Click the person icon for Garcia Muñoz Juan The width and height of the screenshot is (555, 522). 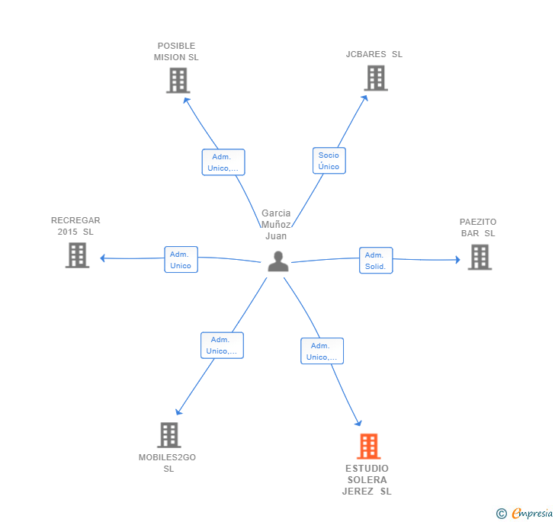(278, 261)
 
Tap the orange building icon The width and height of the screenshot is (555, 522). (369, 446)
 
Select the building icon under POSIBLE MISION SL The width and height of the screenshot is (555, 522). (178, 80)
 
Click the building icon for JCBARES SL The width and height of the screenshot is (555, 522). (376, 78)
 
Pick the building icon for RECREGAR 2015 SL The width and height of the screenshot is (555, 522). (77, 255)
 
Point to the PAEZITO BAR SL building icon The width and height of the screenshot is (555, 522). (480, 257)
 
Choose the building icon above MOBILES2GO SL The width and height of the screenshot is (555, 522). (169, 435)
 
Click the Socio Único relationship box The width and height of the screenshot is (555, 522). (329, 161)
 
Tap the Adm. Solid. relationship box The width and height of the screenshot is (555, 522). (376, 261)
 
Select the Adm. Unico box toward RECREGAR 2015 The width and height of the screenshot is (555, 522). (181, 259)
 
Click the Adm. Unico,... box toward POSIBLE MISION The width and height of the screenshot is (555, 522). (223, 162)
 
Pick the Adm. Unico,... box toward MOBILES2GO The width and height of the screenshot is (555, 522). (222, 345)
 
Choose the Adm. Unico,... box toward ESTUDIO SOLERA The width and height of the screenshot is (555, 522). (322, 351)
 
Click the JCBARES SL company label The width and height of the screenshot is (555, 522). (374, 54)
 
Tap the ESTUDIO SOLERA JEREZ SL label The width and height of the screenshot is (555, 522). (367, 479)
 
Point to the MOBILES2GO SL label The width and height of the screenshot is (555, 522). (168, 463)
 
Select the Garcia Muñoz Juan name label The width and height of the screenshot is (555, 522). (276, 224)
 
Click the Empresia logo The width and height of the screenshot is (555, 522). (525, 513)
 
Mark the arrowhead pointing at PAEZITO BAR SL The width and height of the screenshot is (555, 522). (457, 260)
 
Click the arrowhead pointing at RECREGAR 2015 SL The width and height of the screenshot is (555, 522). (103, 258)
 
